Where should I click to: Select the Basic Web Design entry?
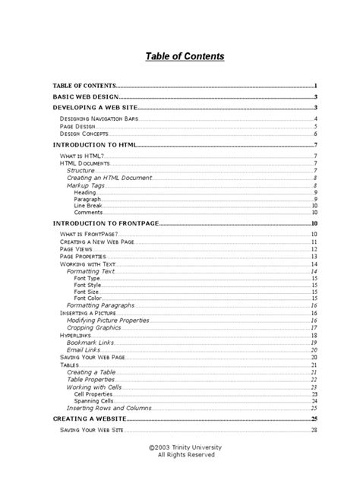(86, 98)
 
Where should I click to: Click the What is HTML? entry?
(82, 156)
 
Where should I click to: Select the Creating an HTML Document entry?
(109, 178)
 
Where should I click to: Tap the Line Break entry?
(88, 206)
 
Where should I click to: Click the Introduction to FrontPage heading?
(103, 223)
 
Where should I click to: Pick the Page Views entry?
(77, 249)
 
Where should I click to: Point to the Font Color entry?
(90, 298)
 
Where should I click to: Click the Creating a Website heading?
(89, 418)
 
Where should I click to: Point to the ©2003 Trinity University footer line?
(180, 448)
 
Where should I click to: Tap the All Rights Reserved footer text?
(180, 456)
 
